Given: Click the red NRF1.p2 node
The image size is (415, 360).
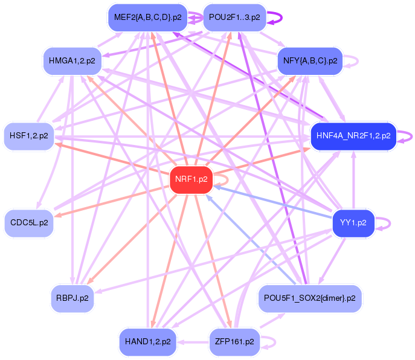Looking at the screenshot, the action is tap(191, 179).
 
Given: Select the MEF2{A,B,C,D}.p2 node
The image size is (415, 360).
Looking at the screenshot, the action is tap(147, 18).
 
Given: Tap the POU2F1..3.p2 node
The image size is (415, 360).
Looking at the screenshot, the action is tap(234, 18).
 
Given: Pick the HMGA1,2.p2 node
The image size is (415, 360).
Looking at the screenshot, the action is tap(72, 61).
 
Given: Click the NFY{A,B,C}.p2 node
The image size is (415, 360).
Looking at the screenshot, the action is tap(310, 61).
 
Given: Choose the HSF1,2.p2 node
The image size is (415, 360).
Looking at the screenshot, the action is tap(29, 136).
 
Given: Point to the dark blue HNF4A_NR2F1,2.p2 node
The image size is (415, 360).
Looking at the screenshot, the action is tap(353, 136).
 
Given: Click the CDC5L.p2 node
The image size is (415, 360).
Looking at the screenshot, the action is tap(29, 223).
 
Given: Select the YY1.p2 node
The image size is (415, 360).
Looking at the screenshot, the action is tap(353, 223).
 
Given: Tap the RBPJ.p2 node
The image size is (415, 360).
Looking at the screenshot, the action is tap(72, 298).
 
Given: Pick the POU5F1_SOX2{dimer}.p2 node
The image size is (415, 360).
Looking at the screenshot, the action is tap(310, 298).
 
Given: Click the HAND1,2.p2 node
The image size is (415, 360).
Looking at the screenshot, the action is tap(147, 342).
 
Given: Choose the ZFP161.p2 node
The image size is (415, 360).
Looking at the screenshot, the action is tap(234, 342).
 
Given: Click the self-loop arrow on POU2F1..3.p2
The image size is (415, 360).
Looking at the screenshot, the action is tap(281, 18).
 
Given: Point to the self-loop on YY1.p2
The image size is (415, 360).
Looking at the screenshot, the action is tap(390, 223).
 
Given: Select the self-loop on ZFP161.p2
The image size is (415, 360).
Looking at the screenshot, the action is tap(275, 342).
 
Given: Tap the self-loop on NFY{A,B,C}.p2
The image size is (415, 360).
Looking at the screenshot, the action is tap(358, 62).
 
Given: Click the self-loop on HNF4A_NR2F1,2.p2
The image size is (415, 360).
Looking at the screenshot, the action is tap(411, 137).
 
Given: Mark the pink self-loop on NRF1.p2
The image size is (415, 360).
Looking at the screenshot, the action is tap(228, 180).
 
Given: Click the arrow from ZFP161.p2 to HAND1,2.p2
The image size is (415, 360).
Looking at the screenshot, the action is tap(193, 342).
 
